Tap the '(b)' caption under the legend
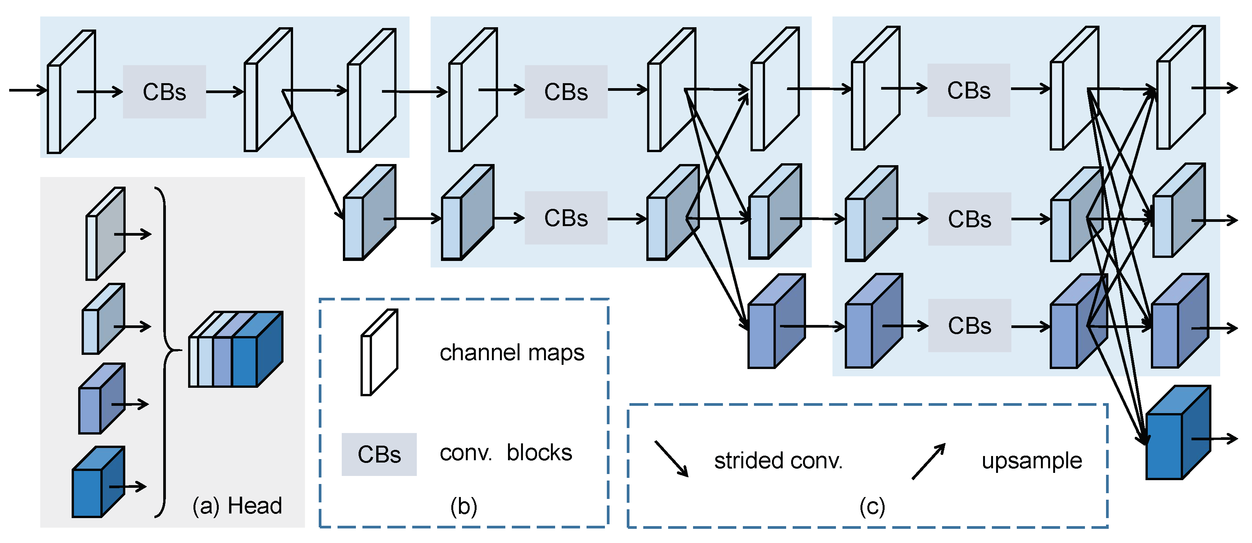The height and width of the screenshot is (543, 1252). click(x=464, y=507)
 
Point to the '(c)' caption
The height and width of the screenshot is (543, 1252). click(x=872, y=507)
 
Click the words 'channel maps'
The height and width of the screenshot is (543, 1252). click(x=512, y=353)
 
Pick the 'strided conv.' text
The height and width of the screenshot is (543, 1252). click(x=778, y=461)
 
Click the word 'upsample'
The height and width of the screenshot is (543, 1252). click(x=1031, y=461)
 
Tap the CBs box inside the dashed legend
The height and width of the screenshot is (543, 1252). click(x=379, y=454)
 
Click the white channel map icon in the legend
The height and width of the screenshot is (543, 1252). click(x=379, y=353)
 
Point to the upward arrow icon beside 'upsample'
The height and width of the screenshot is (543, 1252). click(x=928, y=461)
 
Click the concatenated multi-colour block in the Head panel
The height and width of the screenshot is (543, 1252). click(x=236, y=350)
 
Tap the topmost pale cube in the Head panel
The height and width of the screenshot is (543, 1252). click(x=105, y=234)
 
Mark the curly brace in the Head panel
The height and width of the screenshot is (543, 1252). click(x=164, y=351)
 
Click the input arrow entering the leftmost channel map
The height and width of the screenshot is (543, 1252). click(x=27, y=90)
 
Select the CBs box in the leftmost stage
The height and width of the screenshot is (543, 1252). click(x=164, y=92)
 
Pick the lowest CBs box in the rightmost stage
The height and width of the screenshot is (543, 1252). click(x=970, y=326)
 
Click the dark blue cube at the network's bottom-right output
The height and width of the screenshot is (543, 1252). click(x=1177, y=434)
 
